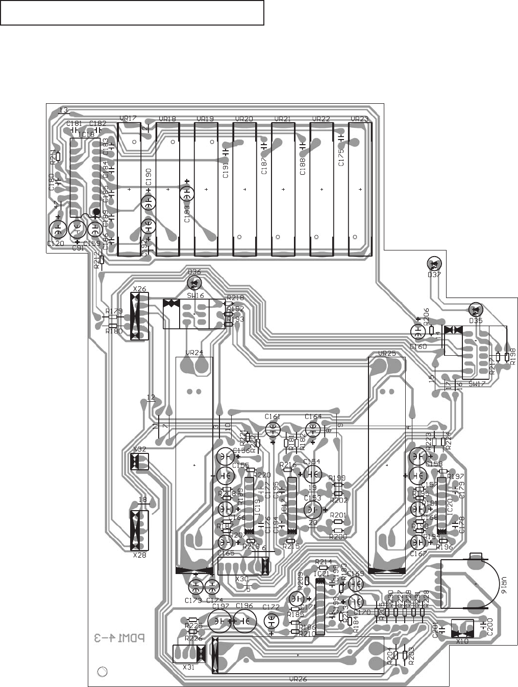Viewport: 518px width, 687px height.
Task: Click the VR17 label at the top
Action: coord(128,119)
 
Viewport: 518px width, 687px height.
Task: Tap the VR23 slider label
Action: coord(359,119)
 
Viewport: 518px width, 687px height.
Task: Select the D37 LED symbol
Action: coord(434,264)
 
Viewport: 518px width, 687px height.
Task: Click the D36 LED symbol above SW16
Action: coord(193,282)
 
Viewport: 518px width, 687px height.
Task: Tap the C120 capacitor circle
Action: coord(58,228)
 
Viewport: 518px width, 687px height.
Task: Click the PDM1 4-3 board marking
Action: coord(119,638)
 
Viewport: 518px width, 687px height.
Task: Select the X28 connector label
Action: coord(139,555)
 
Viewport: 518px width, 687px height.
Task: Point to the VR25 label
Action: coord(386,354)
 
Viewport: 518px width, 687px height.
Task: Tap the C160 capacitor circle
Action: coord(418,332)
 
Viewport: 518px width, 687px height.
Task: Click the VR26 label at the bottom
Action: coord(297,679)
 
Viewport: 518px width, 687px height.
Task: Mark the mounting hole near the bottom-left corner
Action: coord(102,672)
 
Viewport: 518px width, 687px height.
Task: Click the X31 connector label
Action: coord(188,667)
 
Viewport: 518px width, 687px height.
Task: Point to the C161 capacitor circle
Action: coord(273,428)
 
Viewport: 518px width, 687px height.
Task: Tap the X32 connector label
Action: coord(139,449)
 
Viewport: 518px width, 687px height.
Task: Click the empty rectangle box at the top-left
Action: coord(132,13)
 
